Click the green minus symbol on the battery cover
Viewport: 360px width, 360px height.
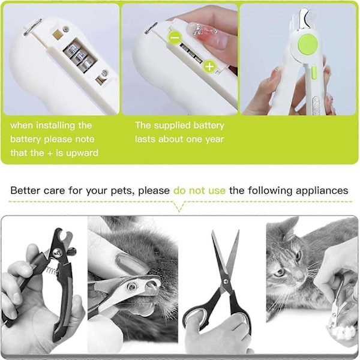tap(175, 37)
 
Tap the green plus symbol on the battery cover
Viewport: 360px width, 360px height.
tap(209, 67)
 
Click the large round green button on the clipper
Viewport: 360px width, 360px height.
tap(308, 44)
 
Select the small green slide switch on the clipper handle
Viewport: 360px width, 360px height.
tap(314, 72)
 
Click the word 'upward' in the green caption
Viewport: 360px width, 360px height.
tap(82, 153)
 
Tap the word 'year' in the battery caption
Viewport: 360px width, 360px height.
tap(214, 139)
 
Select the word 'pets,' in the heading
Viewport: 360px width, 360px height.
tap(122, 191)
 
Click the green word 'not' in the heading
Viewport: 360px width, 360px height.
tap(196, 191)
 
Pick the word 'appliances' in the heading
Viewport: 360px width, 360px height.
tap(322, 191)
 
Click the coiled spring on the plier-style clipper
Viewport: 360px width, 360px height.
tap(52, 270)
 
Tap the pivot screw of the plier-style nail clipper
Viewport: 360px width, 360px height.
tap(58, 253)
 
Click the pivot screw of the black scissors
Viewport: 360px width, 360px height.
tap(226, 282)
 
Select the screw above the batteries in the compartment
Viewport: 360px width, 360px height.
tap(67, 29)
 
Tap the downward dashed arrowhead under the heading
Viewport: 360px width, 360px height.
tap(179, 206)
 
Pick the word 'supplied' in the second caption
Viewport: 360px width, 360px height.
tap(172, 125)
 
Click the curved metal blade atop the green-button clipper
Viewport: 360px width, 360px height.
tap(305, 19)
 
